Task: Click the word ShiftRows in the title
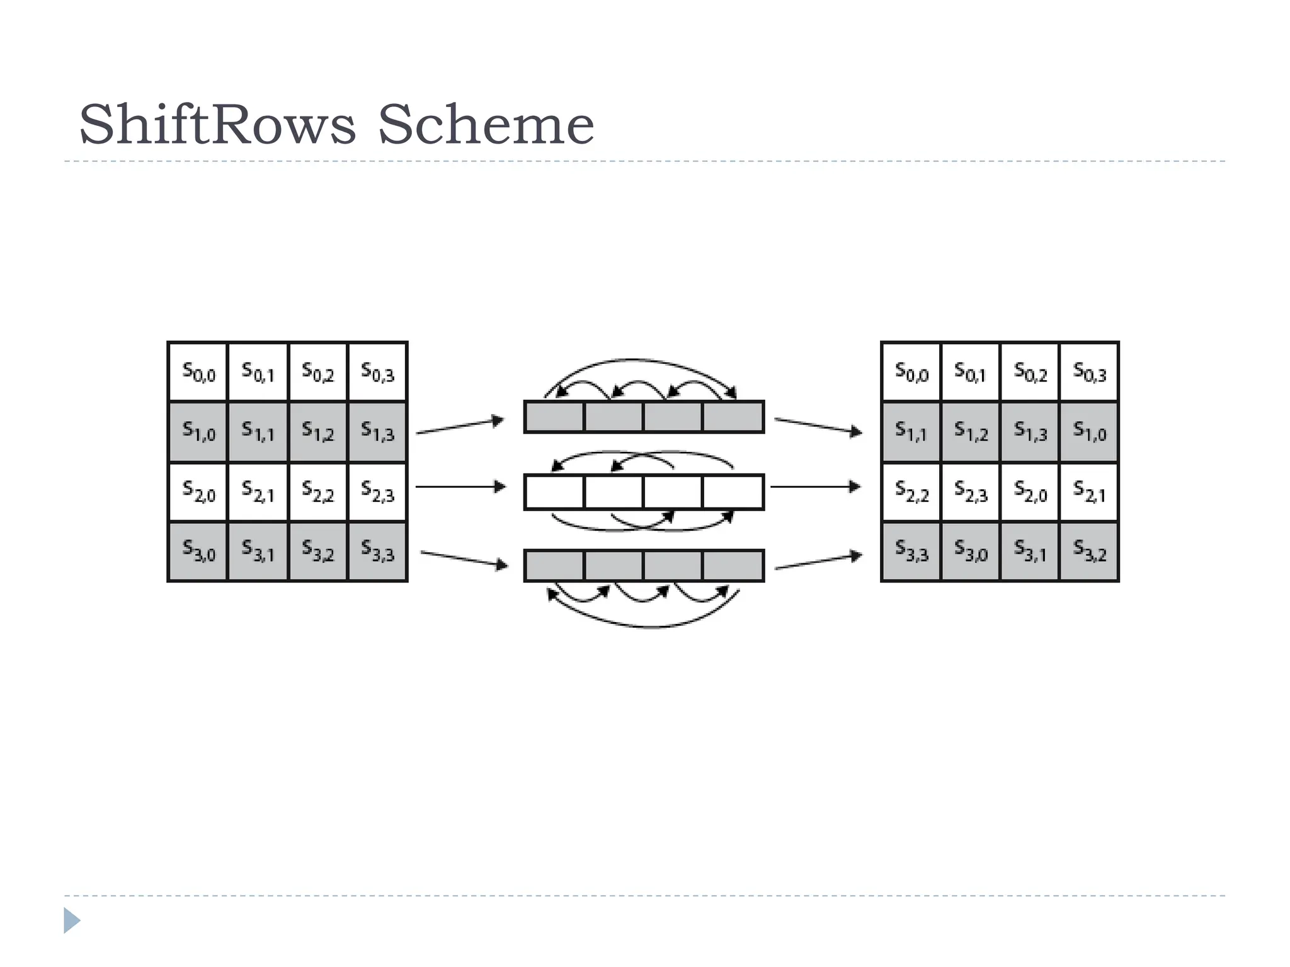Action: click(217, 125)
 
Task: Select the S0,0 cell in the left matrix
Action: click(198, 372)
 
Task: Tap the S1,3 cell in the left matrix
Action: click(377, 432)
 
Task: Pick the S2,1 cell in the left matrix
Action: click(258, 492)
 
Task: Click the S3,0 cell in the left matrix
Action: click(198, 551)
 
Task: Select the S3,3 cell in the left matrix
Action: click(377, 551)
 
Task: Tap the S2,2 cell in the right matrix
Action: click(911, 492)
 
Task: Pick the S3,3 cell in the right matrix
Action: click(911, 551)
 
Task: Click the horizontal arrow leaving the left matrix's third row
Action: click(460, 487)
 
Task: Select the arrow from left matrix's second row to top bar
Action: click(460, 426)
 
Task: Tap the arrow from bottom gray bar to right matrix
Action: click(818, 562)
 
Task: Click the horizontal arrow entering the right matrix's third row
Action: click(815, 487)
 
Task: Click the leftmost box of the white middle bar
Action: click(554, 492)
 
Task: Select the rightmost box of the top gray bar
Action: click(733, 417)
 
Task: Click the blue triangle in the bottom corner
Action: click(71, 920)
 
